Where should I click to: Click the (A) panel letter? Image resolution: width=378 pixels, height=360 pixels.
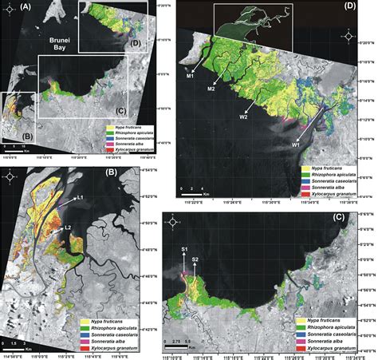(x=10, y=8)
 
